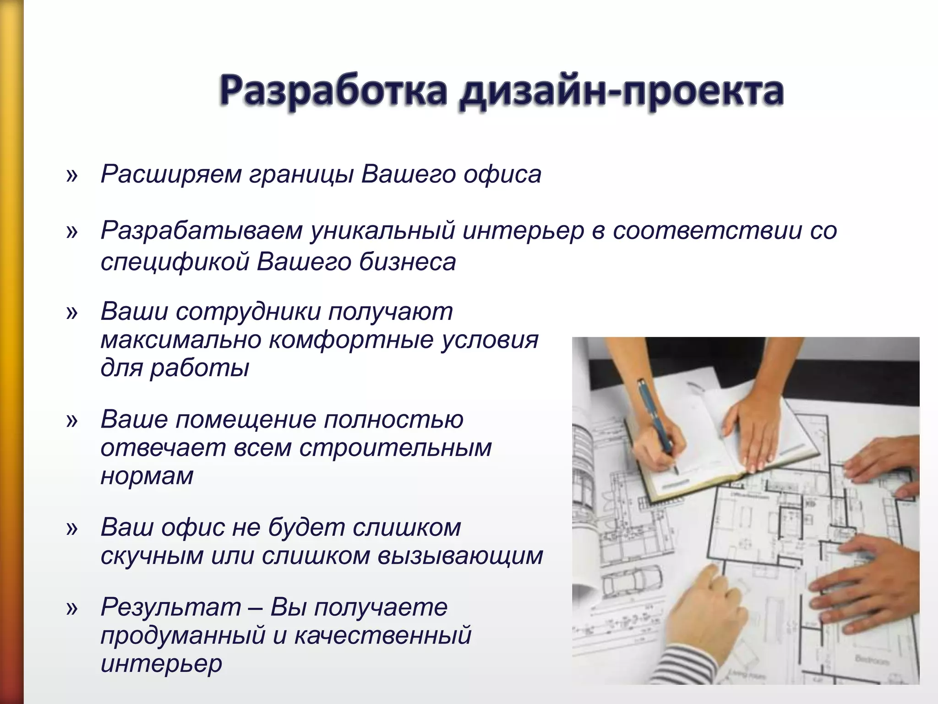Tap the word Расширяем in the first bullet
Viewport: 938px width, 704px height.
(x=171, y=175)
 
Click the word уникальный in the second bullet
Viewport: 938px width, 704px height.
(x=382, y=231)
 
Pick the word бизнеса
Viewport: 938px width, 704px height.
(x=407, y=263)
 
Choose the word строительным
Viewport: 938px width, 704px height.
(x=396, y=448)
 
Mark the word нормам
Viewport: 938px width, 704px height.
(x=147, y=476)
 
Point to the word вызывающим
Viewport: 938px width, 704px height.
(x=460, y=556)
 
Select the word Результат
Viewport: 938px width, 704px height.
(x=171, y=608)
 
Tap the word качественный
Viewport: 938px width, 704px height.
(x=382, y=636)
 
